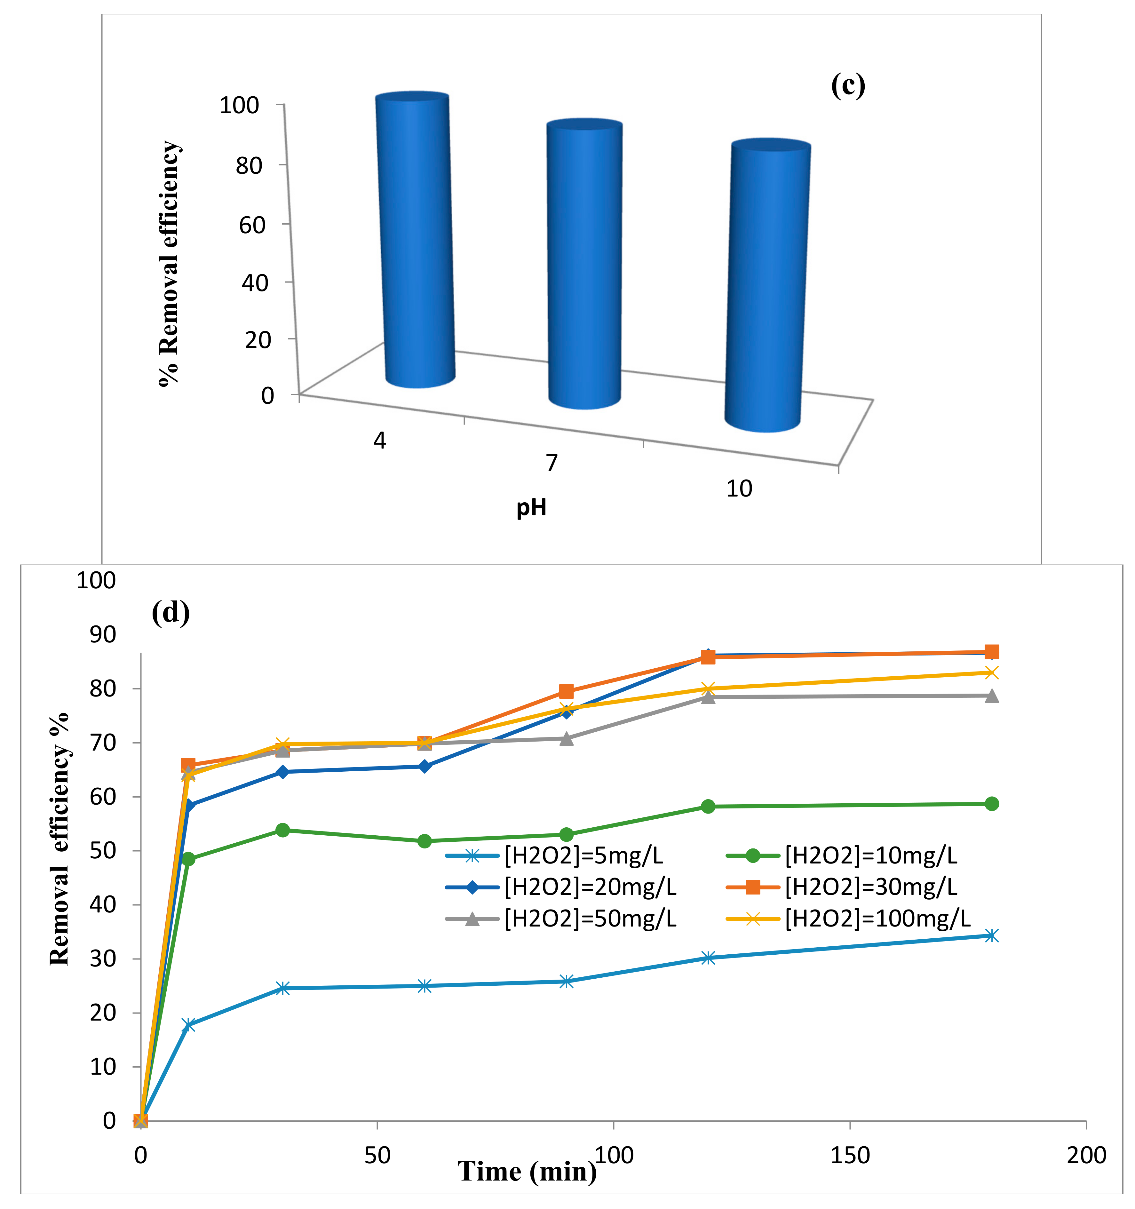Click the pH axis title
pos(531,506)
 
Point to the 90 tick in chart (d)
pos(102,634)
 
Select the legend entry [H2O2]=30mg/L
pos(870,887)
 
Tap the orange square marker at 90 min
pos(566,691)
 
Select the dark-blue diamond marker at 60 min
pos(425,766)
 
